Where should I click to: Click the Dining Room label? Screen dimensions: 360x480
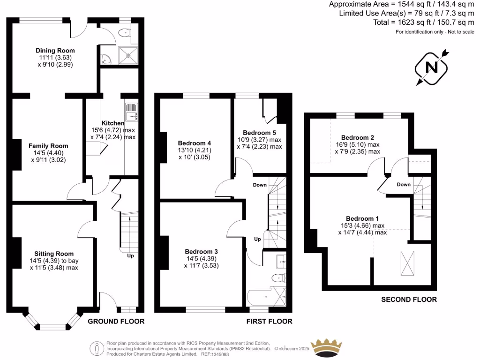click(x=55, y=51)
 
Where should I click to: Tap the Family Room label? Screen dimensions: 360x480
click(x=48, y=146)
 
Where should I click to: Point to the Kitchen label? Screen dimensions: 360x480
click(x=112, y=123)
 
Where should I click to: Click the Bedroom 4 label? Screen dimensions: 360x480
click(x=195, y=143)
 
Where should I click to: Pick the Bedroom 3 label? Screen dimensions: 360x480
click(x=201, y=251)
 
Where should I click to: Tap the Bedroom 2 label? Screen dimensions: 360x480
click(x=357, y=137)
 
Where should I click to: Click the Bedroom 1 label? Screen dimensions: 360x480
click(x=362, y=218)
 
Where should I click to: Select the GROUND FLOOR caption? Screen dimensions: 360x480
click(x=116, y=322)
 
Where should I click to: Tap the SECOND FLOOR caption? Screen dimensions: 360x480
click(x=409, y=300)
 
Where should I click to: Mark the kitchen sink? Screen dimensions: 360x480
click(x=131, y=112)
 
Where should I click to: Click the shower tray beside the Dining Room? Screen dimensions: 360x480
click(x=128, y=54)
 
